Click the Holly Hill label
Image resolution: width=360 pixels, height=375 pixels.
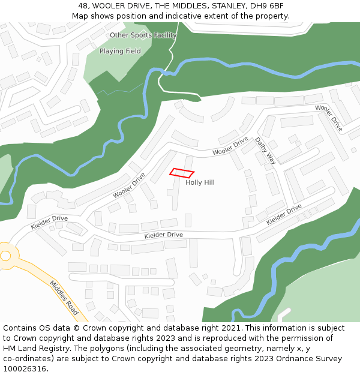point(200,182)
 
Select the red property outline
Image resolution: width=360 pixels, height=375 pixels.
point(181,173)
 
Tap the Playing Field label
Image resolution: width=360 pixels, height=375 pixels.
point(120,52)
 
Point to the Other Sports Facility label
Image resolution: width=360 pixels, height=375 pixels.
point(143,35)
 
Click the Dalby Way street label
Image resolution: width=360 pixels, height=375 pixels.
point(265,151)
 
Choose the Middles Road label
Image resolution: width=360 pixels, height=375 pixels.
point(64,298)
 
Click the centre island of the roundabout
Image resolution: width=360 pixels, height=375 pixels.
point(5,256)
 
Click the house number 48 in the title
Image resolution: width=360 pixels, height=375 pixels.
point(83,6)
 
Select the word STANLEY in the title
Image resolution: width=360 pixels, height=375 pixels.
point(225,6)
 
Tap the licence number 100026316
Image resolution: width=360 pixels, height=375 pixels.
point(25,369)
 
